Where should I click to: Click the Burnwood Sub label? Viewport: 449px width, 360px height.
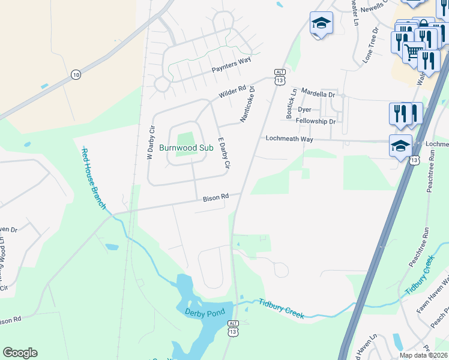click(186, 147)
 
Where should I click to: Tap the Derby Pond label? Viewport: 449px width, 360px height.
click(204, 313)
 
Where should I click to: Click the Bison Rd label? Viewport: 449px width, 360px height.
click(216, 197)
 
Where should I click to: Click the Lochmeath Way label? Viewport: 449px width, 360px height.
click(290, 139)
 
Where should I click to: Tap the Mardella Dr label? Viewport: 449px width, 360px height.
click(318, 94)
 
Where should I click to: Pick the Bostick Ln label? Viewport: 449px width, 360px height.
click(292, 104)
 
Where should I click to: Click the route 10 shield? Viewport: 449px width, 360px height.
click(75, 74)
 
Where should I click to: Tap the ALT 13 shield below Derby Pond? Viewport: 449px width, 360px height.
click(234, 328)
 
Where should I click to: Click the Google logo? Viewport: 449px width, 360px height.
click(20, 353)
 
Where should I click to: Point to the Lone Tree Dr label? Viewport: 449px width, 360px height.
click(372, 45)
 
